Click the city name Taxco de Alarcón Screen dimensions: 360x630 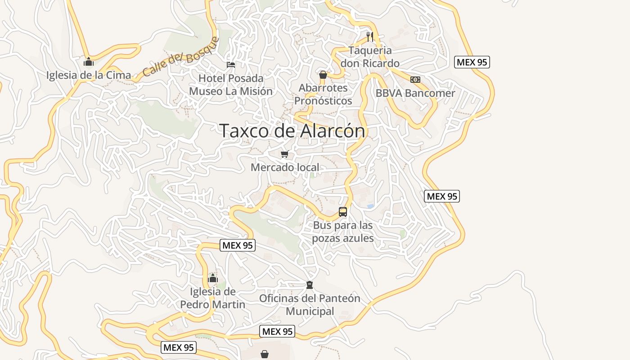292,131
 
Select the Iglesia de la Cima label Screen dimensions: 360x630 89,75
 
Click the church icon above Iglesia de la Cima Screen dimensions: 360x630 89,61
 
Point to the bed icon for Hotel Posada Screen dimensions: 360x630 231,64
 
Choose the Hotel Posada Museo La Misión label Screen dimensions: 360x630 231,85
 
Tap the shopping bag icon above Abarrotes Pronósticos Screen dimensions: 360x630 323,74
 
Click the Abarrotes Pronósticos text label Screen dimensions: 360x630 323,94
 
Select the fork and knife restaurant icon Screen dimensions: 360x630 370,36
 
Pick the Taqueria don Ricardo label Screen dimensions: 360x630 370,57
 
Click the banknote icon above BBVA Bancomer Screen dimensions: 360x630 415,80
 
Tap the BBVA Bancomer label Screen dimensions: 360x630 415,93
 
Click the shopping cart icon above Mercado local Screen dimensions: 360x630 285,154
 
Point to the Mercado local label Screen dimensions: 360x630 285,167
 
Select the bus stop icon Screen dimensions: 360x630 343,212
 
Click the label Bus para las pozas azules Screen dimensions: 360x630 343,231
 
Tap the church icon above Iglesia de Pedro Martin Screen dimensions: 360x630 213,278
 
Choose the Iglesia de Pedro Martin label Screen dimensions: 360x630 213,298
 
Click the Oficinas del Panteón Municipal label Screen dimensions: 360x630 310,305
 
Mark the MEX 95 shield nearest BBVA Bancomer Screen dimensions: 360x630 472,62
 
